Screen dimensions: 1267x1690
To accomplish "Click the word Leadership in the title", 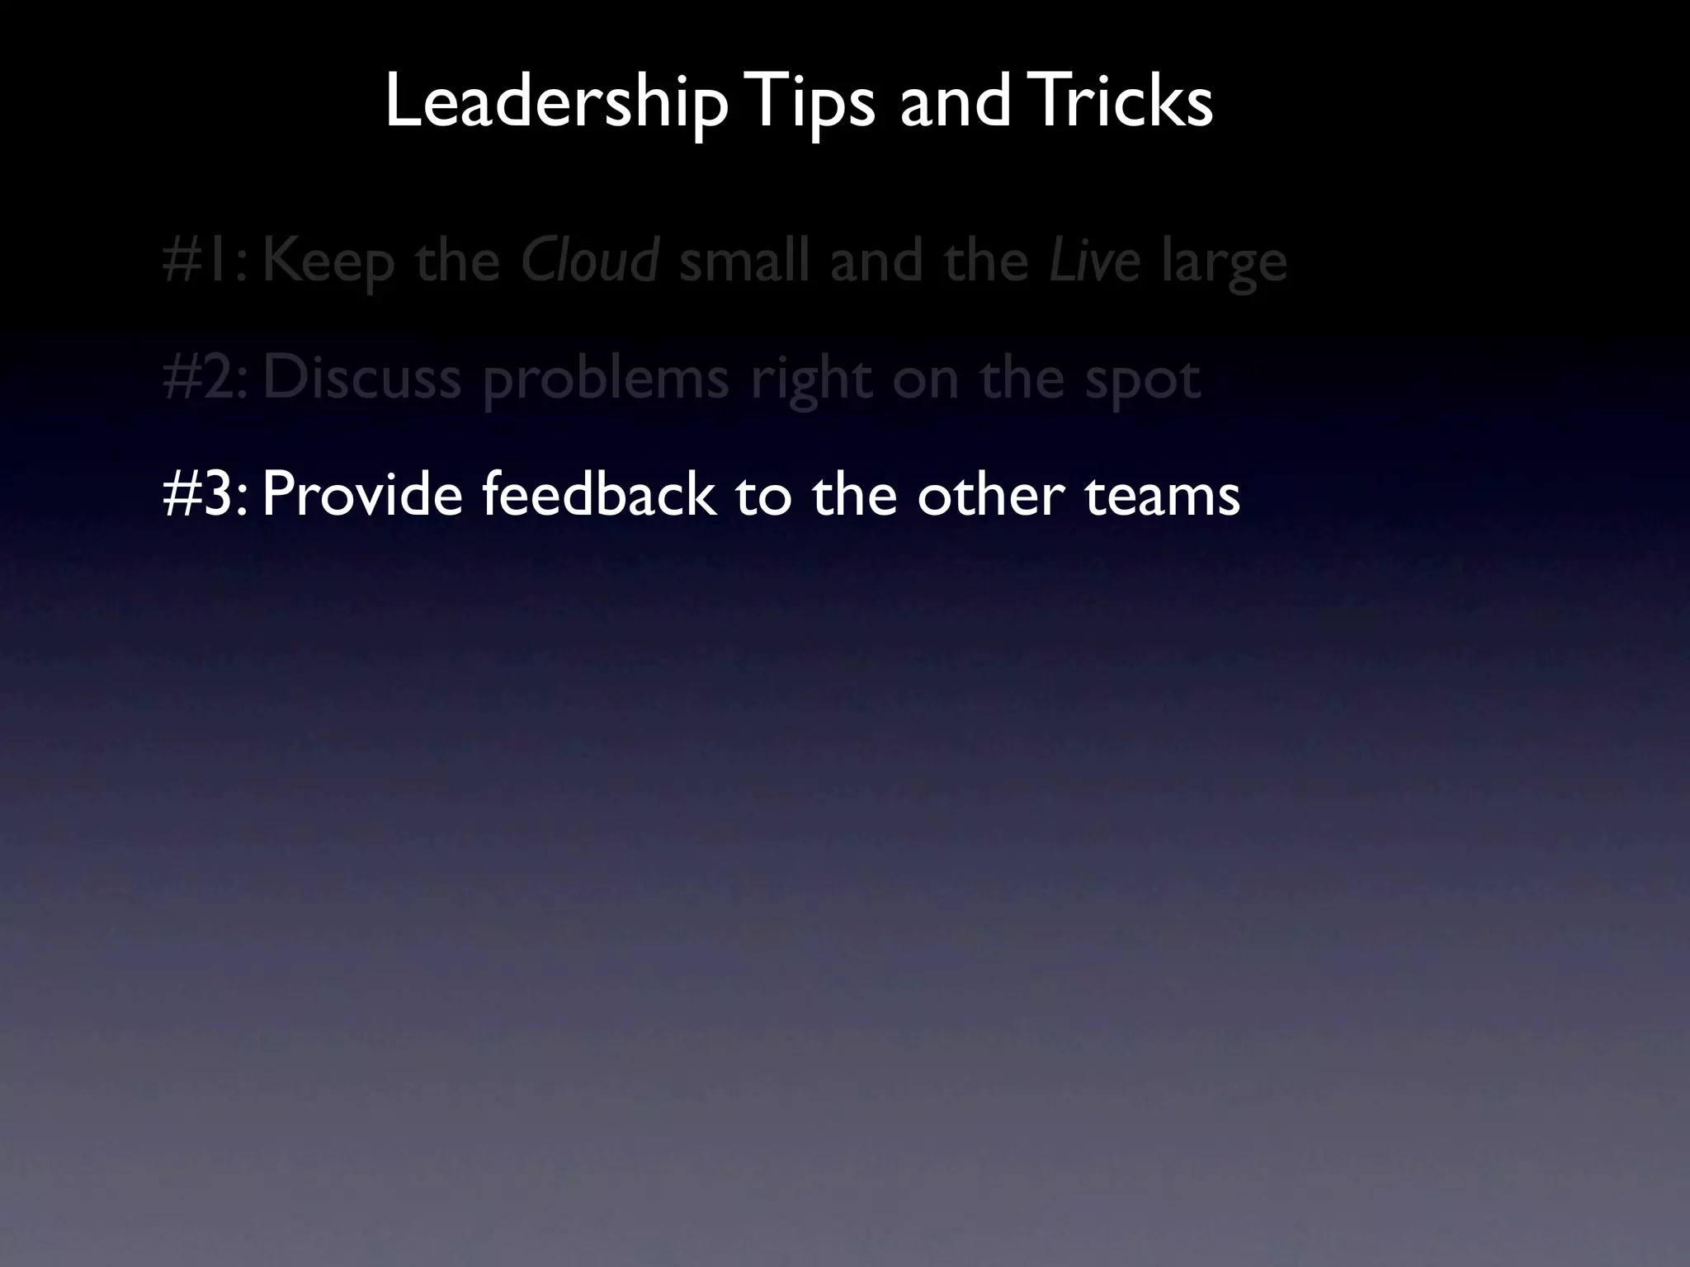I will (x=556, y=102).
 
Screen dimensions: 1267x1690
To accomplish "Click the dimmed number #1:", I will (x=205, y=261).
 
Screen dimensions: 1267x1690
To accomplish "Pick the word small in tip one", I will (x=744, y=261).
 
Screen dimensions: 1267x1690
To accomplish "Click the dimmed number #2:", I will (x=205, y=378).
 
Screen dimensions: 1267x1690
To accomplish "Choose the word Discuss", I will (x=361, y=378).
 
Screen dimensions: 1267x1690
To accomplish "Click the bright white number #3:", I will (x=205, y=494).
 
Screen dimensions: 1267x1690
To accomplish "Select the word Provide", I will (x=362, y=494).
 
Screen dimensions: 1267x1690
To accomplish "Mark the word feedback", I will (x=598, y=494).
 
